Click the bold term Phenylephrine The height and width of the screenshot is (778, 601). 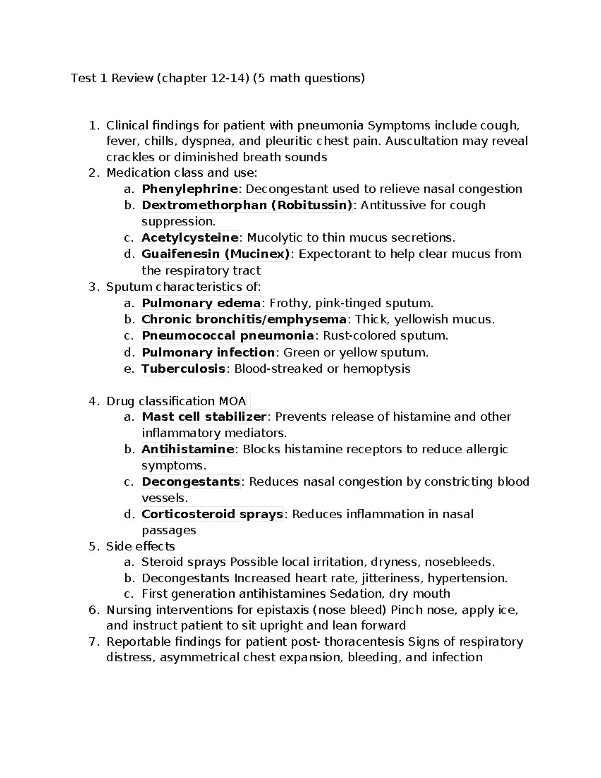click(x=189, y=189)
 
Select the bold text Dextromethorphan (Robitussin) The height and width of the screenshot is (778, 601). click(x=247, y=205)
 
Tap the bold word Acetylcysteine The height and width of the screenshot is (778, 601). click(x=190, y=237)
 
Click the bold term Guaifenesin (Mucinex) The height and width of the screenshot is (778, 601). click(x=216, y=254)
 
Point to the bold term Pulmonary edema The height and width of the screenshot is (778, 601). click(x=201, y=303)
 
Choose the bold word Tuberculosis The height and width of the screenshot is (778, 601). click(x=183, y=369)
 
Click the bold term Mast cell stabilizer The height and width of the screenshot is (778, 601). click(x=204, y=417)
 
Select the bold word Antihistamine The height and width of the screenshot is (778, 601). click(x=188, y=449)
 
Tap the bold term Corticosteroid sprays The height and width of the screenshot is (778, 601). click(x=212, y=514)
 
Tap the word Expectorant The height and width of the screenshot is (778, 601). click(x=330, y=254)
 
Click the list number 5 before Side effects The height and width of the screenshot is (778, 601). click(x=92, y=546)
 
